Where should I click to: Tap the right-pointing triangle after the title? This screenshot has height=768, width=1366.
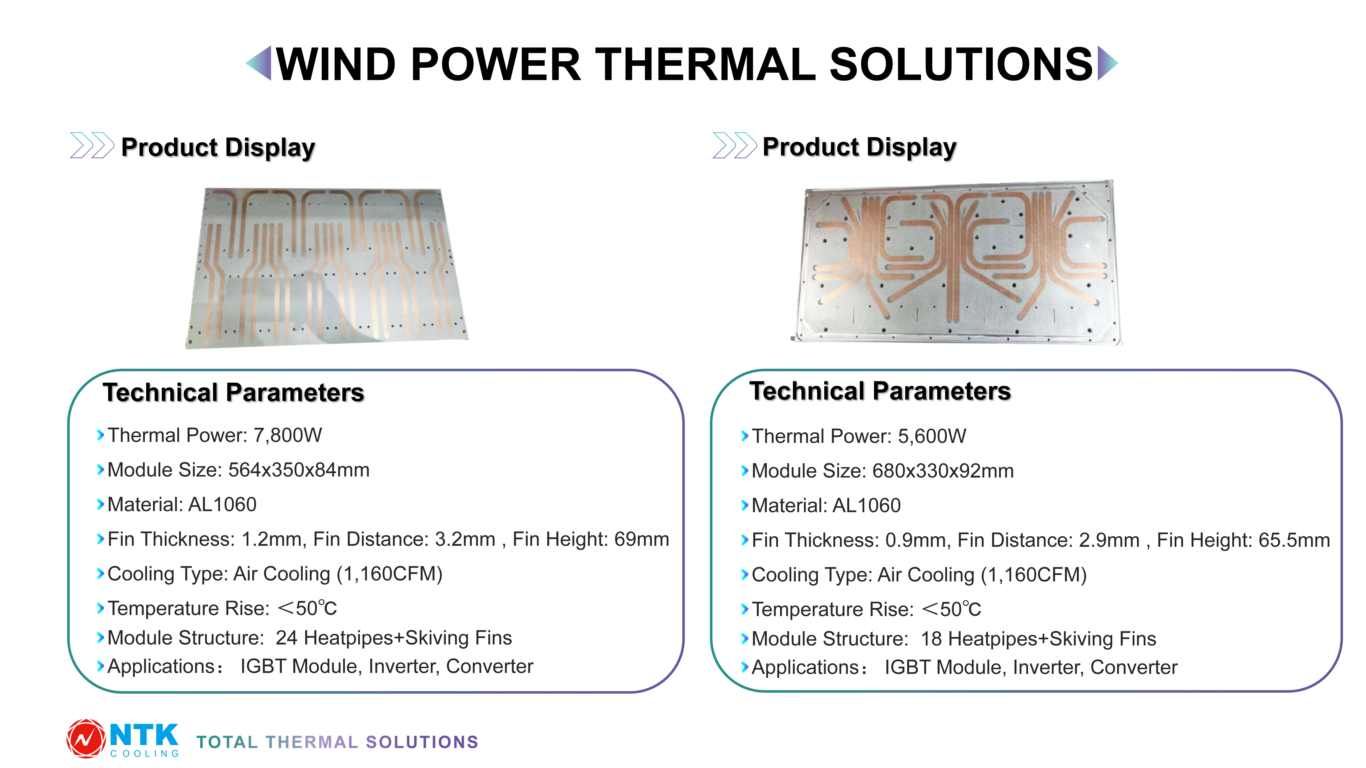pos(1107,63)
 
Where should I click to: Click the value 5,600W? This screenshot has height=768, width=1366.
pos(932,436)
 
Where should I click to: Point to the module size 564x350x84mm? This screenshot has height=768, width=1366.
pos(299,470)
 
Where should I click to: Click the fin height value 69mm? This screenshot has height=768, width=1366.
pos(642,540)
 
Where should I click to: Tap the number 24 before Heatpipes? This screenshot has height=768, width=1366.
pos(286,638)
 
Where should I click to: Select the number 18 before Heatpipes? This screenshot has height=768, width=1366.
pos(931,639)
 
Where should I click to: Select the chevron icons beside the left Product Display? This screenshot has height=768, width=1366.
pos(92,145)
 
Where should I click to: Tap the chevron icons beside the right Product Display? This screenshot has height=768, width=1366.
pos(735,145)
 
